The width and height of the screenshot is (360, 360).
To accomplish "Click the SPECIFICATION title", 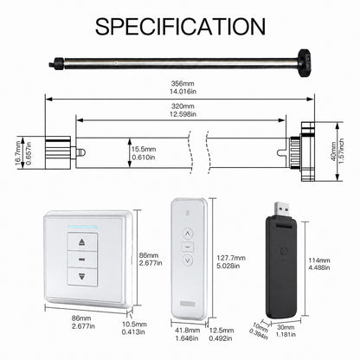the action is [x=180, y=26].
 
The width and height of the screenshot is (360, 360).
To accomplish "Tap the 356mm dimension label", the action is [x=183, y=84].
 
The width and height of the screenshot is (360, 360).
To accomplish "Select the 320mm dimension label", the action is [x=183, y=106].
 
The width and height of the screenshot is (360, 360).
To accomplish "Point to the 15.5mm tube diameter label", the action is [x=144, y=149].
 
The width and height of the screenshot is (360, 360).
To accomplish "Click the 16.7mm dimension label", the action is [x=18, y=153].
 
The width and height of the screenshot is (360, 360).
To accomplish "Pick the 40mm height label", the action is [x=333, y=151].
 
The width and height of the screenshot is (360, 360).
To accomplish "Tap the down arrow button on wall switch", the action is [x=82, y=277].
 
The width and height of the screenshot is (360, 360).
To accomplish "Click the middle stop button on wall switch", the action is [x=82, y=259].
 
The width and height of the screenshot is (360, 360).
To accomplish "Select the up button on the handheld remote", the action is [x=188, y=233].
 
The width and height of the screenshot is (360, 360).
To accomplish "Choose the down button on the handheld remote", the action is [x=188, y=260].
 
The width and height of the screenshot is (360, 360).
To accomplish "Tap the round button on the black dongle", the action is [x=285, y=251].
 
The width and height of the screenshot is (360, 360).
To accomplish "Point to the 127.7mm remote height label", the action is [x=231, y=258].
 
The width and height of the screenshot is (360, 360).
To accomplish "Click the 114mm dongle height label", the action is [x=319, y=260].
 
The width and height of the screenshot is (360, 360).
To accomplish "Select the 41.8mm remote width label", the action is [x=187, y=331].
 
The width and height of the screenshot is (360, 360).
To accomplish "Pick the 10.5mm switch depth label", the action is [x=134, y=325].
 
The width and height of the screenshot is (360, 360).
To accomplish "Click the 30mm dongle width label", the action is [x=286, y=327].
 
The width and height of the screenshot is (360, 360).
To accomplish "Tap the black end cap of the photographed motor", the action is [x=305, y=62].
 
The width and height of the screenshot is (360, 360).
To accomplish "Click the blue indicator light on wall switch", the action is [x=82, y=227].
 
